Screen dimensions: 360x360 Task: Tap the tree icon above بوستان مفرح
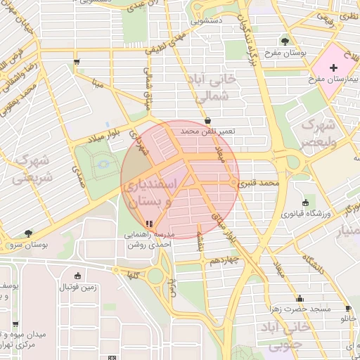[x=285, y=41]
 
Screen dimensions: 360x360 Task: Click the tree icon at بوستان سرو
[x=28, y=233]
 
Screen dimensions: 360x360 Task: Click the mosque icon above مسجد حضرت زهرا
[x=300, y=297]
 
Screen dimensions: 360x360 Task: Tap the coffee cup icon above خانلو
[x=348, y=309]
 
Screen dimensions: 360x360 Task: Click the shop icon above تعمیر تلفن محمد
[x=207, y=120]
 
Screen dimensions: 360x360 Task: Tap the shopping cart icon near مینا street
[x=76, y=62]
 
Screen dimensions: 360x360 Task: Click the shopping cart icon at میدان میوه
[x=15, y=324]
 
